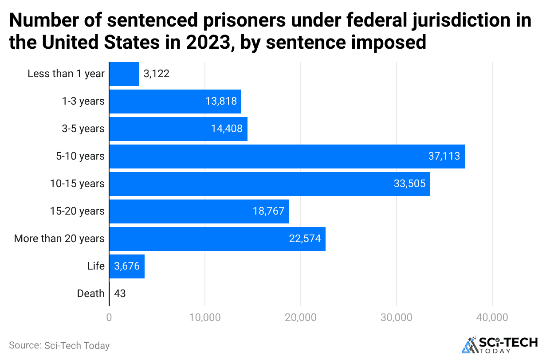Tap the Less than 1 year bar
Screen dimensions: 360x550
(124, 74)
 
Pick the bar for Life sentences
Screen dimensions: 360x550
(126, 266)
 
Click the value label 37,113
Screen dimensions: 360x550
(444, 157)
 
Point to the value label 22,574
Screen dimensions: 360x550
(305, 239)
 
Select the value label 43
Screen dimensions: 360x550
(120, 294)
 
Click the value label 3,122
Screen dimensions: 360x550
(157, 74)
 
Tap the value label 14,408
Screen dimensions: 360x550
(227, 129)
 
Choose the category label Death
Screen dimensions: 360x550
(90, 294)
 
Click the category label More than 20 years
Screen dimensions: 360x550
(59, 239)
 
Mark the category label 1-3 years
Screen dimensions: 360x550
(83, 102)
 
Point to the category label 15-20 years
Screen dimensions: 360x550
(77, 211)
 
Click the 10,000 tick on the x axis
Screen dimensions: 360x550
(204, 318)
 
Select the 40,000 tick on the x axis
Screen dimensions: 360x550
(492, 318)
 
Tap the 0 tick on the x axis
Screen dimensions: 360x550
(109, 318)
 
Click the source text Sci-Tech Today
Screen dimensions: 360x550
(59, 346)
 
